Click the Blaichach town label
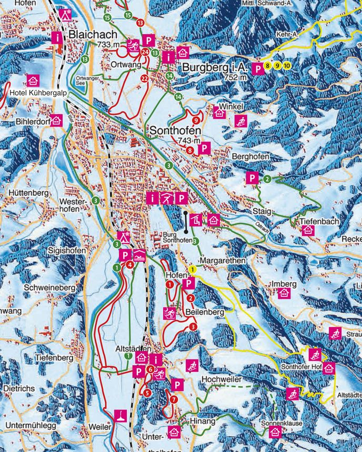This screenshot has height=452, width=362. click(x=93, y=34)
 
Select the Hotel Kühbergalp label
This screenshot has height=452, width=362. click(x=36, y=93)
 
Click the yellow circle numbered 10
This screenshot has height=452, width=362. click(x=287, y=66)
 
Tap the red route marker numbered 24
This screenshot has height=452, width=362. click(x=145, y=51)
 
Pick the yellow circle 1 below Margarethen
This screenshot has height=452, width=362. click(x=193, y=269)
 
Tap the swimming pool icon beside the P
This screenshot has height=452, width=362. click(x=139, y=255)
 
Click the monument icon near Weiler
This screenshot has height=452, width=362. click(x=120, y=415)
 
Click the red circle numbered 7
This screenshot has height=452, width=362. click(x=174, y=399)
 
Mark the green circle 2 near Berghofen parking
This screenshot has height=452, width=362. click(x=267, y=179)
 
